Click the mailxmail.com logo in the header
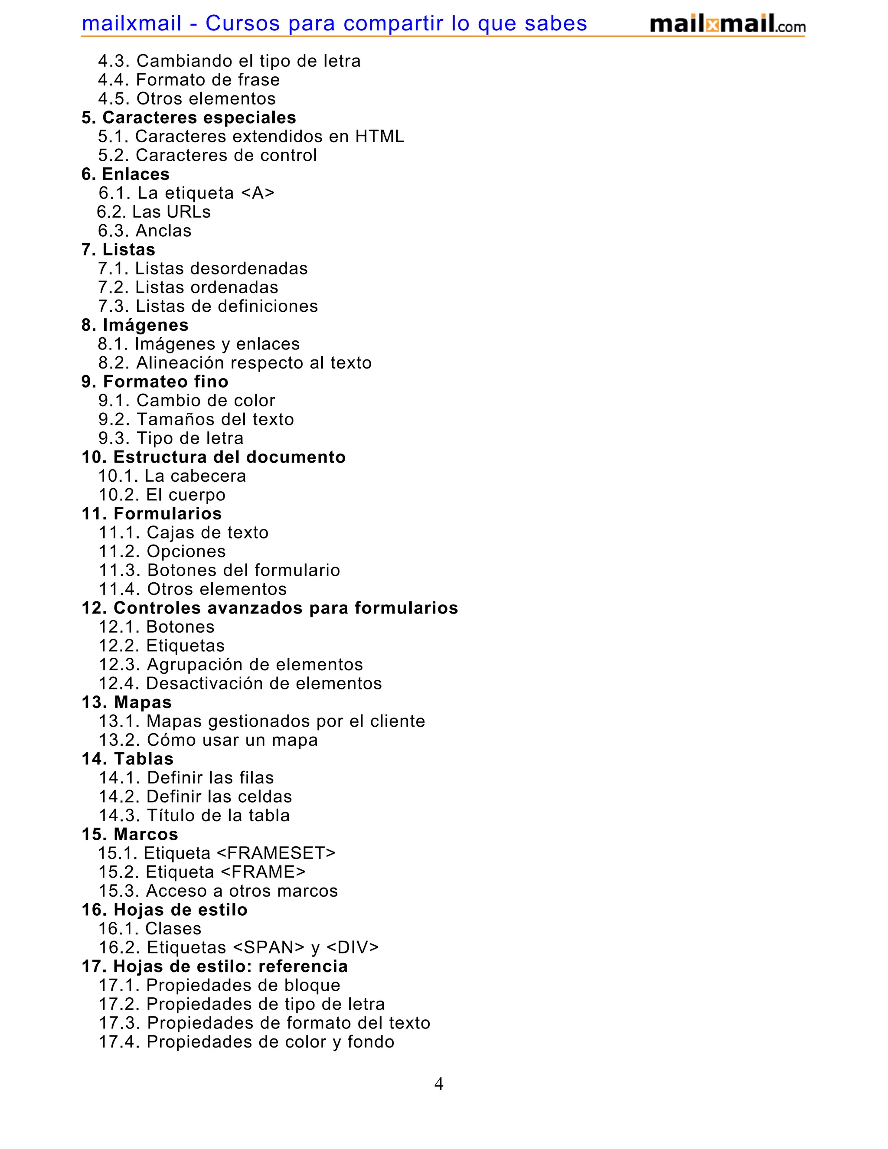tap(727, 24)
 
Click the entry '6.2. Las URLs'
tap(153, 212)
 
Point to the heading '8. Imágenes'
tap(135, 325)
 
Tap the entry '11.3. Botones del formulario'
tap(219, 570)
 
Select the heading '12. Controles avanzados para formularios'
tap(270, 607)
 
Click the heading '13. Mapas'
tap(127, 702)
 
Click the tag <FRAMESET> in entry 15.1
tap(276, 853)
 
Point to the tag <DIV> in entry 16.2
tap(353, 947)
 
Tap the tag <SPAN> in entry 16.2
tap(268, 947)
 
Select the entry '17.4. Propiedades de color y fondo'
tap(246, 1041)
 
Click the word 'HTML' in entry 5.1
tap(380, 136)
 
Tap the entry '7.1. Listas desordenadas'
tap(202, 268)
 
